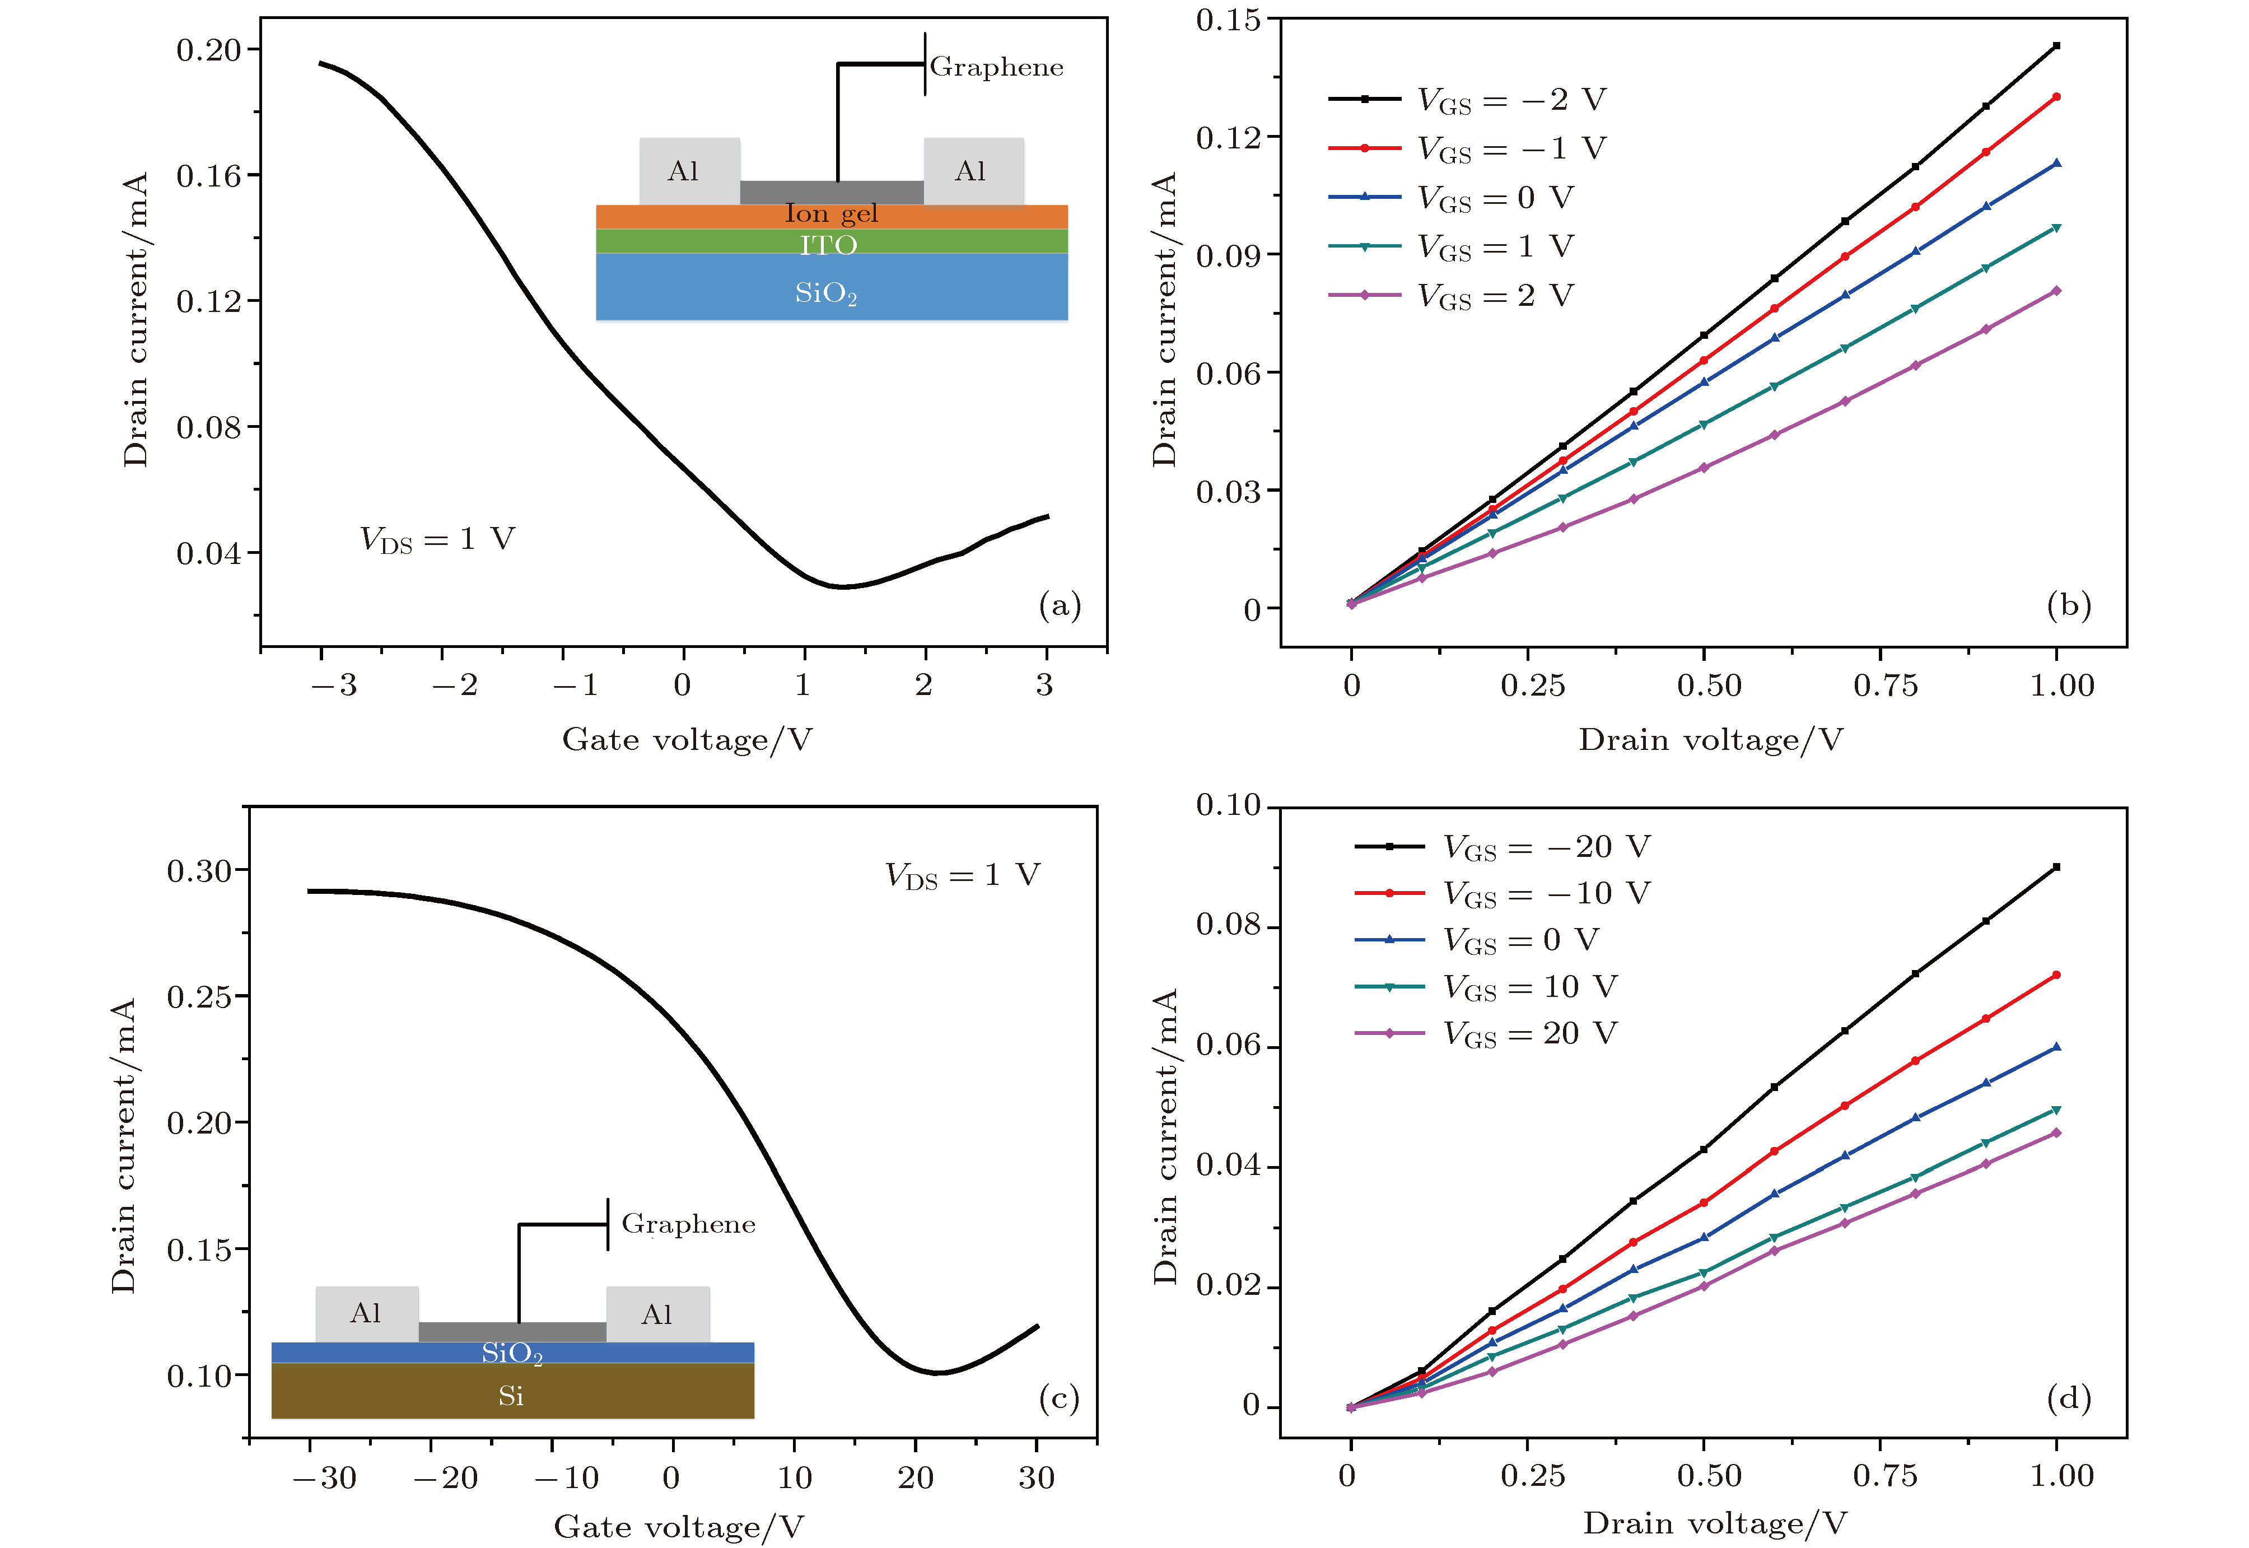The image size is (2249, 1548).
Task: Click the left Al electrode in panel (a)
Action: [689, 172]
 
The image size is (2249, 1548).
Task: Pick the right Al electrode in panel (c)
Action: [657, 1314]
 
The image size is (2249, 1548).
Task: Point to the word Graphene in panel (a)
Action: [996, 67]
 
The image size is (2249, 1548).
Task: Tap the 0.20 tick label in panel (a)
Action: [208, 49]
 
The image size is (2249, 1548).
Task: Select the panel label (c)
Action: [1058, 1398]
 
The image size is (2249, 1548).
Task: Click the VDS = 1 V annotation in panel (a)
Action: [437, 539]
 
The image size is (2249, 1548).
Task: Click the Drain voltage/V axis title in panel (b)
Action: [1710, 740]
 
